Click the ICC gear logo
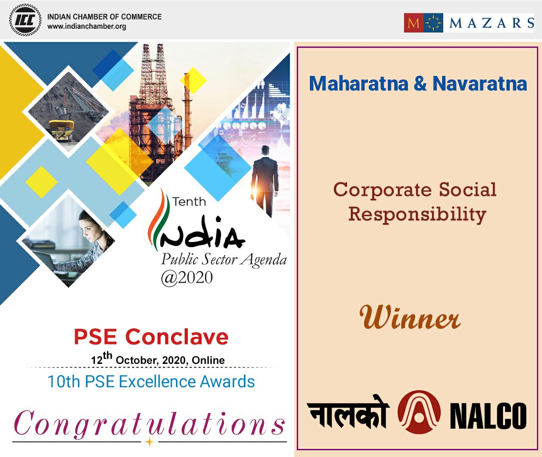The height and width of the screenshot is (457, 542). pyautogui.click(x=25, y=20)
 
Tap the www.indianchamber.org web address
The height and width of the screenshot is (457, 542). pyautogui.click(x=86, y=26)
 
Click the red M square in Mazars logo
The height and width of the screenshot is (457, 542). pyautogui.click(x=413, y=22)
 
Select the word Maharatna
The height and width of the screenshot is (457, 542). pyautogui.click(x=358, y=83)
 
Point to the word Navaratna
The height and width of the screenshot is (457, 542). pyautogui.click(x=479, y=83)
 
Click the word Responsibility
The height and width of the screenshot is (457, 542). pyautogui.click(x=417, y=214)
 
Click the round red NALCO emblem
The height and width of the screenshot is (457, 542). pyautogui.click(x=418, y=412)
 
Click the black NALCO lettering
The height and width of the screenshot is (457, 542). pyautogui.click(x=488, y=416)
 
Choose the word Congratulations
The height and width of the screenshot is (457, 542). pyautogui.click(x=149, y=423)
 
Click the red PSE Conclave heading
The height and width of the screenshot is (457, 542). pyautogui.click(x=151, y=337)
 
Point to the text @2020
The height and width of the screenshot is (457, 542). pyautogui.click(x=186, y=278)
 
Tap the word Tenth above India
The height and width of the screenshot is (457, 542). pyautogui.click(x=189, y=201)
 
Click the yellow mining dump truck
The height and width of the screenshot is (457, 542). pyautogui.click(x=61, y=129)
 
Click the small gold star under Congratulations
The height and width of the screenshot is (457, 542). pyautogui.click(x=149, y=442)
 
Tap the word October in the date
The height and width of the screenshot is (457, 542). pyautogui.click(x=136, y=360)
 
